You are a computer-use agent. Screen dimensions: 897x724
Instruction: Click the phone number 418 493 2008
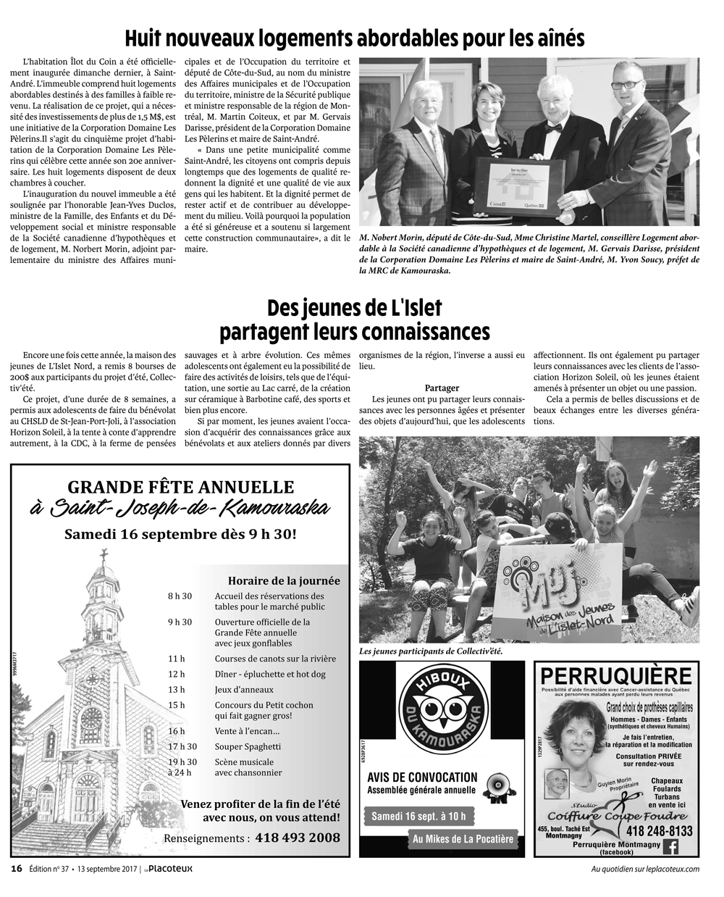coord(296,838)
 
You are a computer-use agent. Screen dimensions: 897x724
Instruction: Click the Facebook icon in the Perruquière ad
coord(670,847)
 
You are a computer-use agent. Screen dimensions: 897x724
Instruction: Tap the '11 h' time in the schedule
coord(176,659)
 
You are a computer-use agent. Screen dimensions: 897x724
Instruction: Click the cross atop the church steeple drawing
coord(104,554)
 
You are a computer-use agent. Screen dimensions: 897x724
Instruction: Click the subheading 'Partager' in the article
coord(442,388)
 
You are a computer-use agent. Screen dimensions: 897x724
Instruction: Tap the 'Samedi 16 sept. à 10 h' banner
coord(418,817)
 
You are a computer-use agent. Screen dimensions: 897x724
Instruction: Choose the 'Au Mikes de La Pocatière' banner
coord(463,839)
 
